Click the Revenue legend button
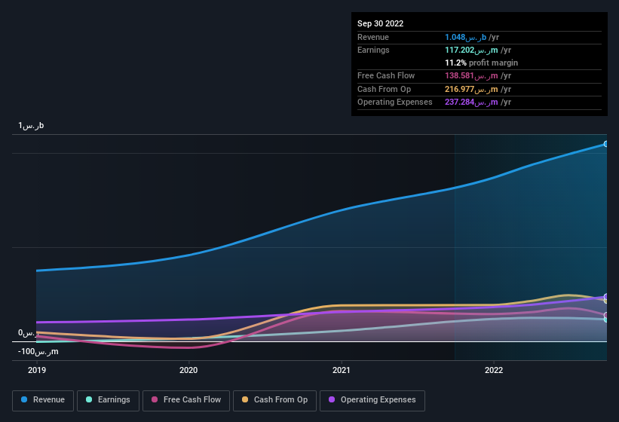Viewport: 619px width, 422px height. point(43,400)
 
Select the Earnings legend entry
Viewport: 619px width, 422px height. point(108,400)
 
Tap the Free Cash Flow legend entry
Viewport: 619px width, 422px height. point(186,400)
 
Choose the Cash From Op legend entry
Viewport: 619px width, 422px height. point(274,400)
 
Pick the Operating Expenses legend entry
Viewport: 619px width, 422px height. point(372,400)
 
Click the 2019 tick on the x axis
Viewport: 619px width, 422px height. point(36,370)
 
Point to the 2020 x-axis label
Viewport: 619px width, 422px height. point(188,370)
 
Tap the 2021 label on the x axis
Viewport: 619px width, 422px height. point(342,370)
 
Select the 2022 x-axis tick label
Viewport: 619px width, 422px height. point(494,370)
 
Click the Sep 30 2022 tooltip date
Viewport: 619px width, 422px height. point(380,23)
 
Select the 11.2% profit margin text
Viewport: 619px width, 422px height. point(481,63)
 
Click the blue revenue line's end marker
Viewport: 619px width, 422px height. point(605,144)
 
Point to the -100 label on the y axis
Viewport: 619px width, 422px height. point(38,352)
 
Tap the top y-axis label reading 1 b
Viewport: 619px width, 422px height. point(32,126)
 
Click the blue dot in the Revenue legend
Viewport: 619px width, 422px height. point(24,400)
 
